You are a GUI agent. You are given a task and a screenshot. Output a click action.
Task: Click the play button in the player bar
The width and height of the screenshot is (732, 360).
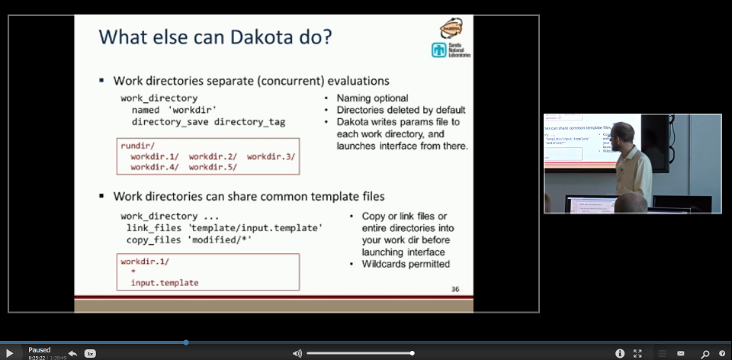(x=10, y=353)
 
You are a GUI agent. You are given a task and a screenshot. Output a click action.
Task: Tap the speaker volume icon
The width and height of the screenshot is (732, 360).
(x=297, y=353)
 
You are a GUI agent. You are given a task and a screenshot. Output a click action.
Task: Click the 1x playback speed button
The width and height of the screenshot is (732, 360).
(x=90, y=353)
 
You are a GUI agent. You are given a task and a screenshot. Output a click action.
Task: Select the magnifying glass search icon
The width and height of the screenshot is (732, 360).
(x=705, y=353)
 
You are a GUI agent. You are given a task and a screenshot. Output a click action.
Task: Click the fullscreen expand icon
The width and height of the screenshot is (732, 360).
(x=637, y=353)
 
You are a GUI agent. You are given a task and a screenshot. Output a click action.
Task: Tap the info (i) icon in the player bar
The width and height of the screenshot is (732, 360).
(x=619, y=353)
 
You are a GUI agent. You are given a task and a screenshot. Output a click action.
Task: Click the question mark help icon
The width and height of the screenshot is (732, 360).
(x=722, y=353)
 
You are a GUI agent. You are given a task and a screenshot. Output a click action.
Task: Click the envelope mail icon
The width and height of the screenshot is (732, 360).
(x=681, y=353)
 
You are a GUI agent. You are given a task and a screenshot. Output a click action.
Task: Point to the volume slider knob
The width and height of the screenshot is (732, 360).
(x=412, y=353)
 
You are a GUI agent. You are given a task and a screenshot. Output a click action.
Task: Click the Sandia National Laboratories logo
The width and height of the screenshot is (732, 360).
(x=451, y=50)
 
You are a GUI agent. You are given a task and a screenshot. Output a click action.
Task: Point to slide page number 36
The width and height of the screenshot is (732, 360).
(x=455, y=289)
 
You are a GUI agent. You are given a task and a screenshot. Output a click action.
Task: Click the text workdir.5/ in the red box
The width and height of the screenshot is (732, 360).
(x=213, y=166)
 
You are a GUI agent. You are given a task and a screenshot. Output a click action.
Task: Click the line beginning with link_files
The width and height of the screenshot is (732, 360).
(x=224, y=228)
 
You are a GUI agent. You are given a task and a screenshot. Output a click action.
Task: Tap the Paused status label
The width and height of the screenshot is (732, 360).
(x=39, y=350)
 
